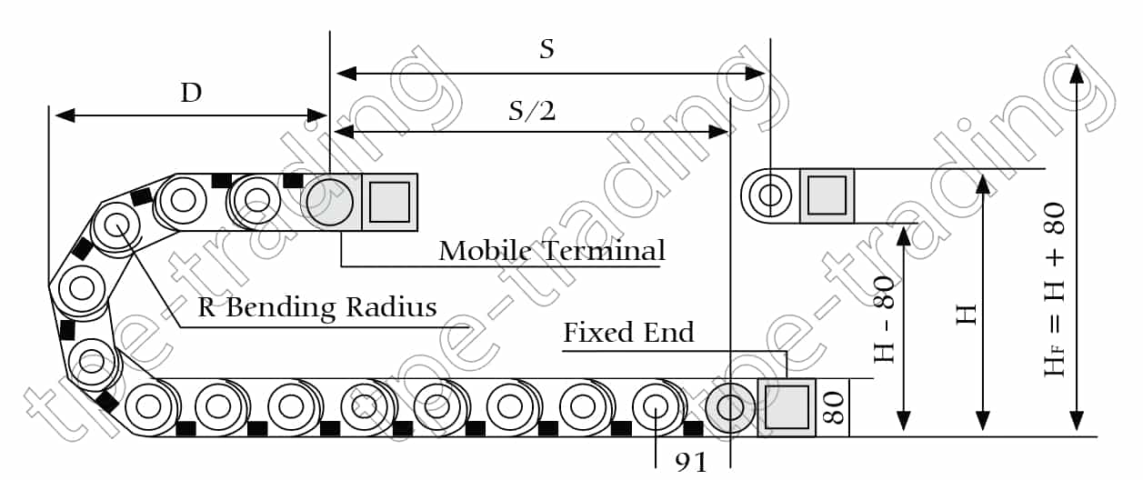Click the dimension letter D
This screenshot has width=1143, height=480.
click(191, 93)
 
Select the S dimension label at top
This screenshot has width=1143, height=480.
click(546, 49)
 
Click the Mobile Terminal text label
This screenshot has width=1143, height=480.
click(552, 250)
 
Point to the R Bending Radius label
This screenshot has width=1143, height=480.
click(317, 307)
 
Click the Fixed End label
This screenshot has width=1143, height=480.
click(628, 333)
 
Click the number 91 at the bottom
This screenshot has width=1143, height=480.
click(692, 463)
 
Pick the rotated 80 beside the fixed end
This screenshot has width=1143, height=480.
click(834, 407)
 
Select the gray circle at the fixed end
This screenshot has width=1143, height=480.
click(731, 406)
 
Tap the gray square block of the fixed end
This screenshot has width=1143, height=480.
click(787, 406)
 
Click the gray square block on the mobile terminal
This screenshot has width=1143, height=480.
click(390, 200)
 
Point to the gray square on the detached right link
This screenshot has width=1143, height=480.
click(827, 195)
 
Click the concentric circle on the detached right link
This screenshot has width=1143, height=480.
click(770, 195)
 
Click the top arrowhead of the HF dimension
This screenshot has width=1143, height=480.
click(1077, 75)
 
